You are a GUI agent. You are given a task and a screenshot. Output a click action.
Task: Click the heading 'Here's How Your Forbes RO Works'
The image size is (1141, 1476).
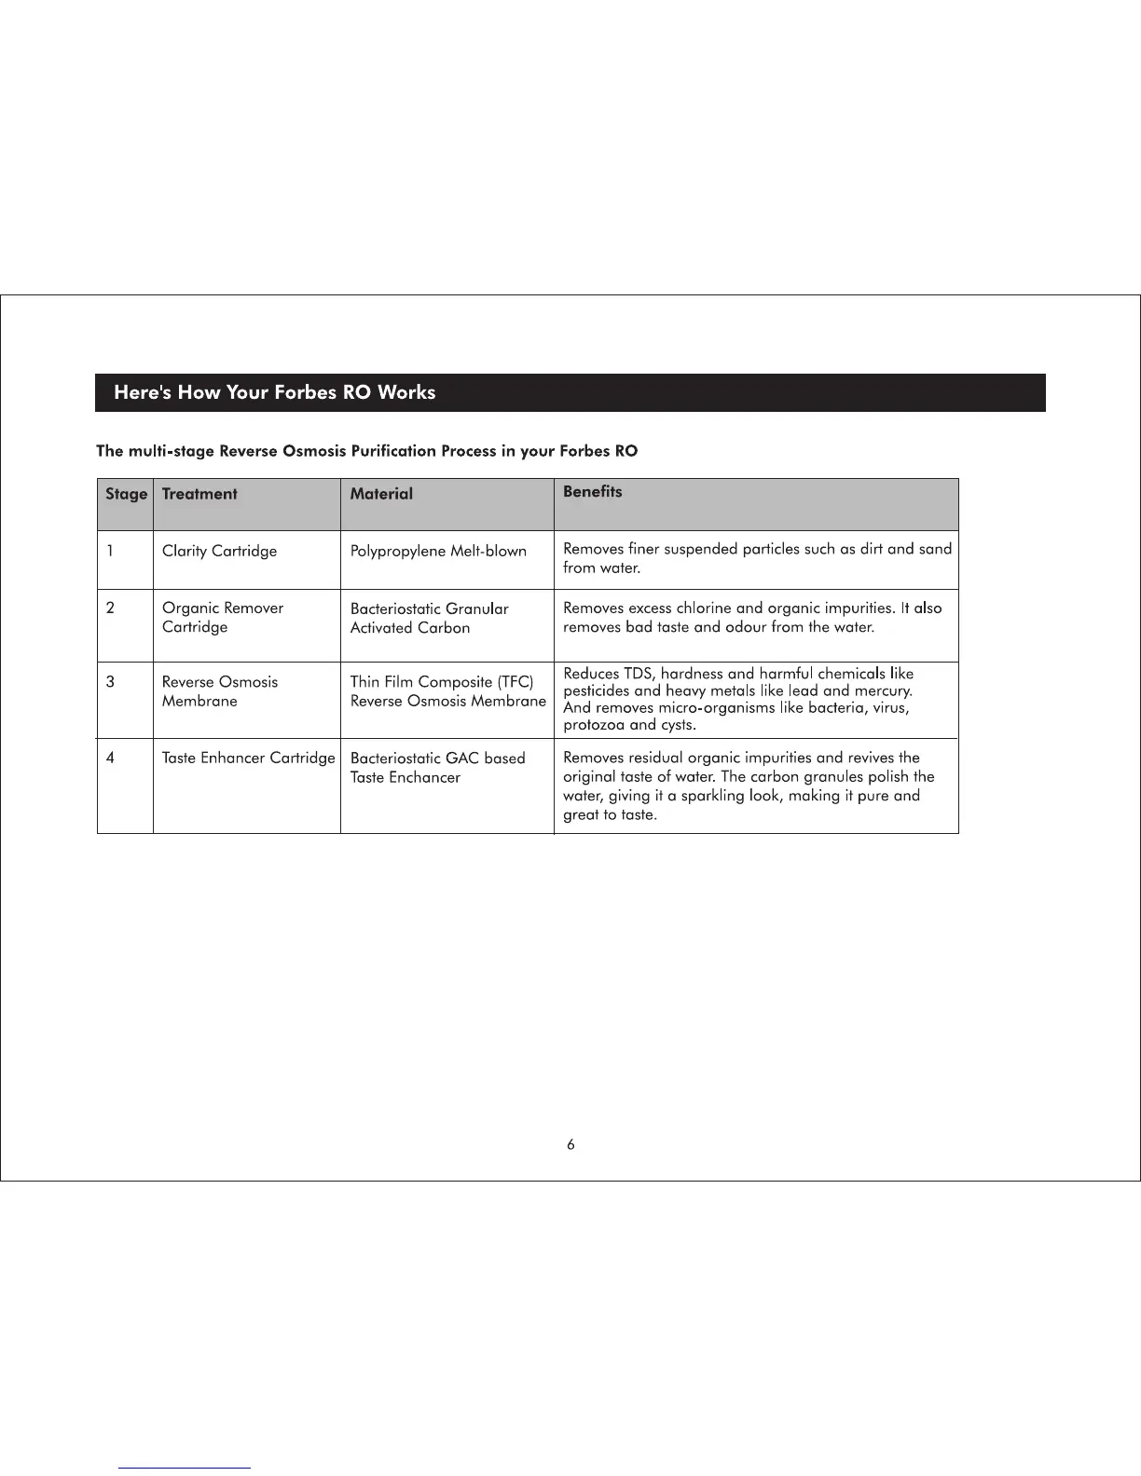tap(274, 392)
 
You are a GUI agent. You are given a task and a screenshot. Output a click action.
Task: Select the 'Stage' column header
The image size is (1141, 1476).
tap(126, 494)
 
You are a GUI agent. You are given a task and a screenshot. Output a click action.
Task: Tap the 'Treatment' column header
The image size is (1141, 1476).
tap(199, 494)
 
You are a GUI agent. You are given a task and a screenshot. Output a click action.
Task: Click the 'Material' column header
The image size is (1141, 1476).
tap(381, 494)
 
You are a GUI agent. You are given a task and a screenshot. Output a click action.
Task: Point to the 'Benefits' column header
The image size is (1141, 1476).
tap(592, 492)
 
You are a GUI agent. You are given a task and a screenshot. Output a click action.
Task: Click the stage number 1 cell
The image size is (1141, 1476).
tap(110, 551)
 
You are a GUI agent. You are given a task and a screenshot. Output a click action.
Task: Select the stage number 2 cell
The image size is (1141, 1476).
tap(110, 608)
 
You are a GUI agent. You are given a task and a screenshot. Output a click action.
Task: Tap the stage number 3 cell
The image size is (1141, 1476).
tap(110, 682)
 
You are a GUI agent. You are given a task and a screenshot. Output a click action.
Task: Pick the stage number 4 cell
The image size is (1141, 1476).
tap(110, 758)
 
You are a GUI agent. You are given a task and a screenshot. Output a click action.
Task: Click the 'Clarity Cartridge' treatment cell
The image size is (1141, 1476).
tap(219, 551)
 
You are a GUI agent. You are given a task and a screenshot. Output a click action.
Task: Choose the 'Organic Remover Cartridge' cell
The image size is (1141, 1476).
tap(222, 617)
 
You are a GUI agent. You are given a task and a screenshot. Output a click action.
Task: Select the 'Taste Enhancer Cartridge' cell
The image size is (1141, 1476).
tap(248, 758)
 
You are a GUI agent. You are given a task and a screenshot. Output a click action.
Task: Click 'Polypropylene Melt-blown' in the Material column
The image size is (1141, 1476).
tap(438, 551)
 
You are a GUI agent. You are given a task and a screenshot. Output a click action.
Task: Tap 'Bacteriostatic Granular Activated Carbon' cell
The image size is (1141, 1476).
tap(429, 618)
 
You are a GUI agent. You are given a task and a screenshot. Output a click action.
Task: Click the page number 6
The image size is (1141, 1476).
tap(570, 1145)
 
